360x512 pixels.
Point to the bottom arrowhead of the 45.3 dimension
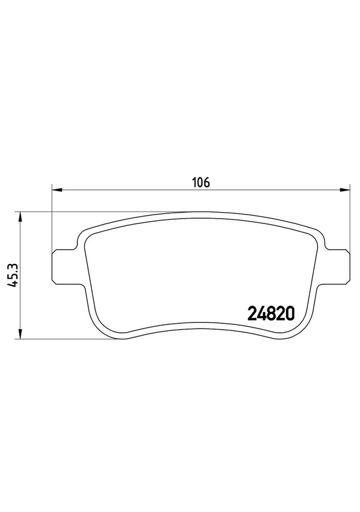(21, 334)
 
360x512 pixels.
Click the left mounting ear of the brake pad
(63, 266)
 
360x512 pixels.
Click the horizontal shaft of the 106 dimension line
(132, 191)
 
